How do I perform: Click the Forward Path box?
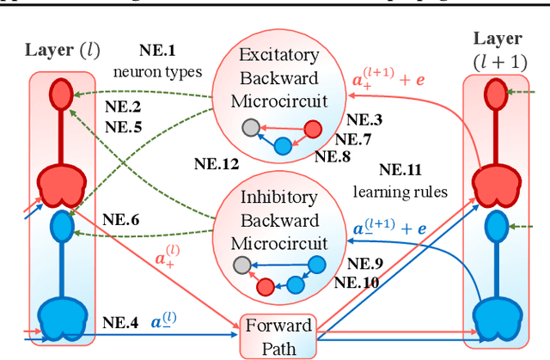point(278,334)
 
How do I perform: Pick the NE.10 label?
point(356,281)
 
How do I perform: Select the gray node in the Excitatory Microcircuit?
point(250,128)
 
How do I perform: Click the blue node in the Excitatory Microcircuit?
point(283,146)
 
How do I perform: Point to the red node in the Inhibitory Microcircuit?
point(267,285)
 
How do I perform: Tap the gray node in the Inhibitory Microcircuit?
point(245,265)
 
